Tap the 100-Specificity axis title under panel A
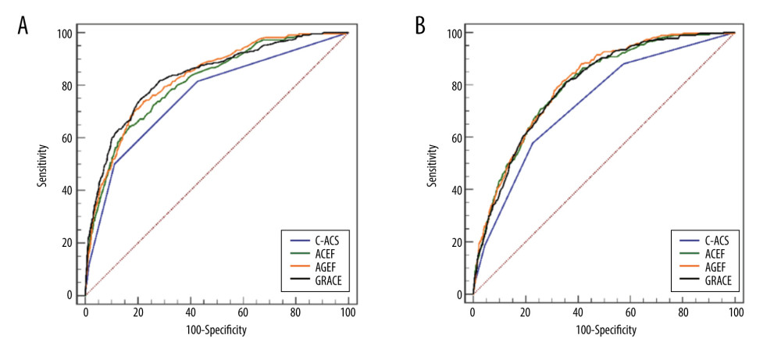216,330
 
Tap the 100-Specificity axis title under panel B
604,330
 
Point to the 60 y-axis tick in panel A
70,137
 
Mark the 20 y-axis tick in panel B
457,242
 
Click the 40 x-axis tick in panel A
191,310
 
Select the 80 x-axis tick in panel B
683,310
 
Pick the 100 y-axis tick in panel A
67,33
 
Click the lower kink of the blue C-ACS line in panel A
114,164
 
